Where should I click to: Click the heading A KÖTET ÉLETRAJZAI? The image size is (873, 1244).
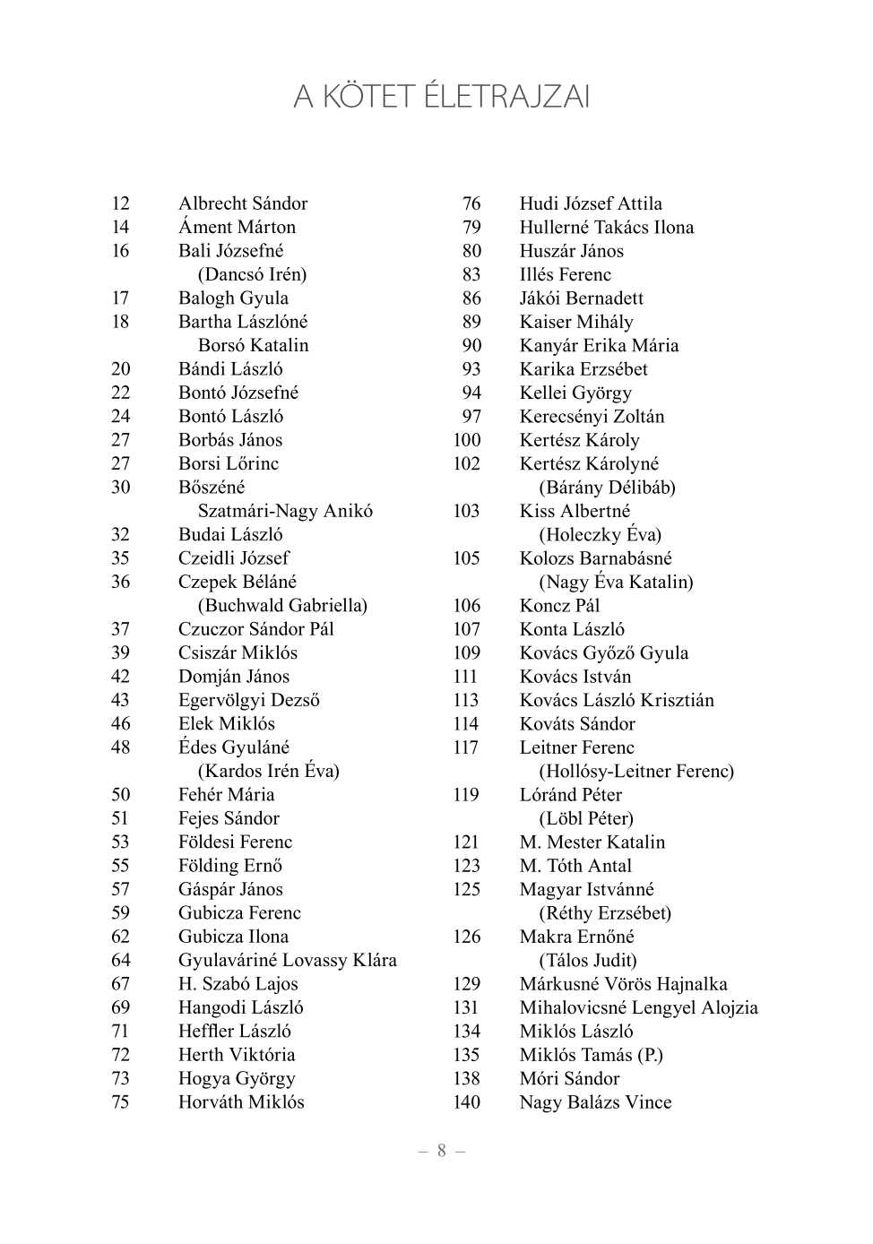[441, 96]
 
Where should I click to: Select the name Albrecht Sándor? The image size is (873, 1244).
[242, 203]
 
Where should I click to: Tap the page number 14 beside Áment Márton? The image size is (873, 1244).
[120, 228]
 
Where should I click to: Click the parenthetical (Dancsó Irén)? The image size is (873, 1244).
[252, 274]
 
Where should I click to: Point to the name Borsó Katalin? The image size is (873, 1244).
[253, 345]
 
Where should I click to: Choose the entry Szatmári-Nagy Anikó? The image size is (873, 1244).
[285, 511]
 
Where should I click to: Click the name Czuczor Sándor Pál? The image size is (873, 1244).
[255, 629]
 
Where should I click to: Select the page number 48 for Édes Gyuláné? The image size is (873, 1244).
[120, 747]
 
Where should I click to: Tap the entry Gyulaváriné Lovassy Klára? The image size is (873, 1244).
[287, 960]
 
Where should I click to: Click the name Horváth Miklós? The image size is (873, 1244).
[241, 1102]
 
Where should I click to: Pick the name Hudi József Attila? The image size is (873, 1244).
[591, 203]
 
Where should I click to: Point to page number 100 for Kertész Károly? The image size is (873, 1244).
[466, 440]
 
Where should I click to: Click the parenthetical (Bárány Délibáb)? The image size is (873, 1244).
[607, 488]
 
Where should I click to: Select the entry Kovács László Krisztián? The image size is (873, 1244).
[617, 700]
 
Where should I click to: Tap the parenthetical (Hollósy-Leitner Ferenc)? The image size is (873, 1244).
[635, 771]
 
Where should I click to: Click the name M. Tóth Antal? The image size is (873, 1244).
[575, 866]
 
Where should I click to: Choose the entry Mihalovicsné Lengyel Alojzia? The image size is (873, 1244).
[638, 1007]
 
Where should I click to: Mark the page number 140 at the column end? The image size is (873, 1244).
[466, 1102]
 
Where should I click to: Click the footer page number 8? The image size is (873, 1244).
[441, 1151]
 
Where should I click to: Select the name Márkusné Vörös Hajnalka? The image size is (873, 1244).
[623, 984]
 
